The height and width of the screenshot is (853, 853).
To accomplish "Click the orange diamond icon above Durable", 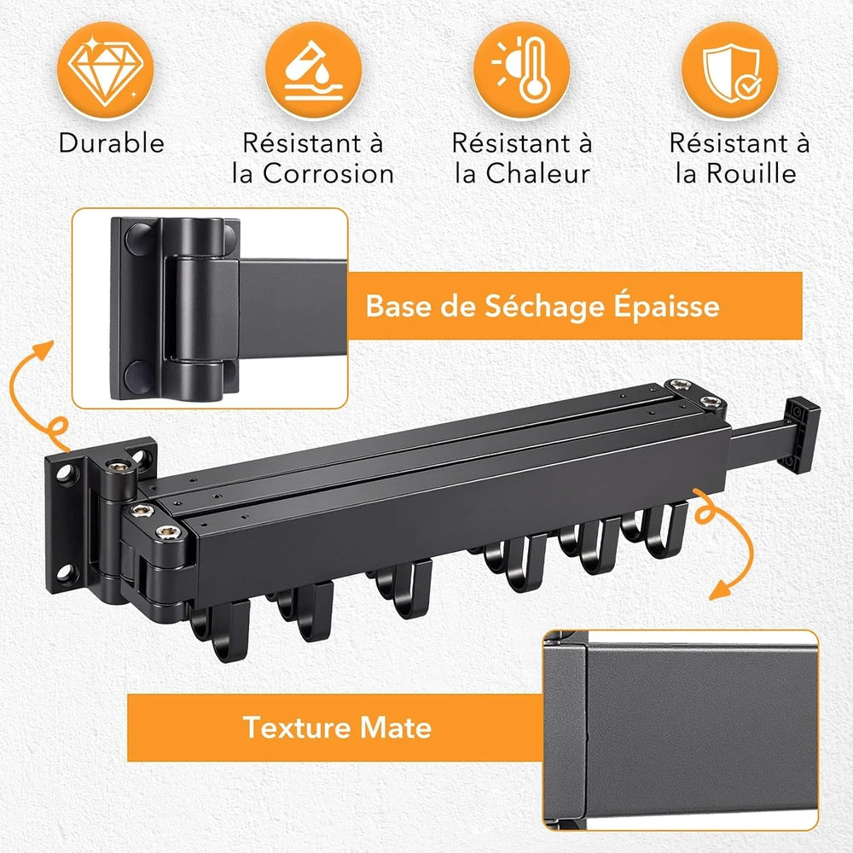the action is [106, 70].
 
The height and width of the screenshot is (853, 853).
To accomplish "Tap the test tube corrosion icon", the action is [313, 70].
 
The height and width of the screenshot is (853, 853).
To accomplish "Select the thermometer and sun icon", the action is [521, 70].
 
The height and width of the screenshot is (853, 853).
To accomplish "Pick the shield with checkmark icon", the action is [729, 70].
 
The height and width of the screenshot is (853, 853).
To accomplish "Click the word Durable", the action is [112, 143].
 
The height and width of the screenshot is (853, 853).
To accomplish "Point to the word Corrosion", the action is [328, 174].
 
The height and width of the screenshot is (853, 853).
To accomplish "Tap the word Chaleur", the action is [537, 174].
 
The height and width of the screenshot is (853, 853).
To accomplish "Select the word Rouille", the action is [751, 174].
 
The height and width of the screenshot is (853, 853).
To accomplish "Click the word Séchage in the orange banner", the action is [544, 306].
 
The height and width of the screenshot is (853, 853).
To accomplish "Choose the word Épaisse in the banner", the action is [667, 306].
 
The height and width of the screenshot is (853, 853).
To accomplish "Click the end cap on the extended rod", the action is [801, 434].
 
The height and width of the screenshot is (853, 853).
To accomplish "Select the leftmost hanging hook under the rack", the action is [222, 631].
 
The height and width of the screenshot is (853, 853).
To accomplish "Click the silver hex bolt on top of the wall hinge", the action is [120, 465].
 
